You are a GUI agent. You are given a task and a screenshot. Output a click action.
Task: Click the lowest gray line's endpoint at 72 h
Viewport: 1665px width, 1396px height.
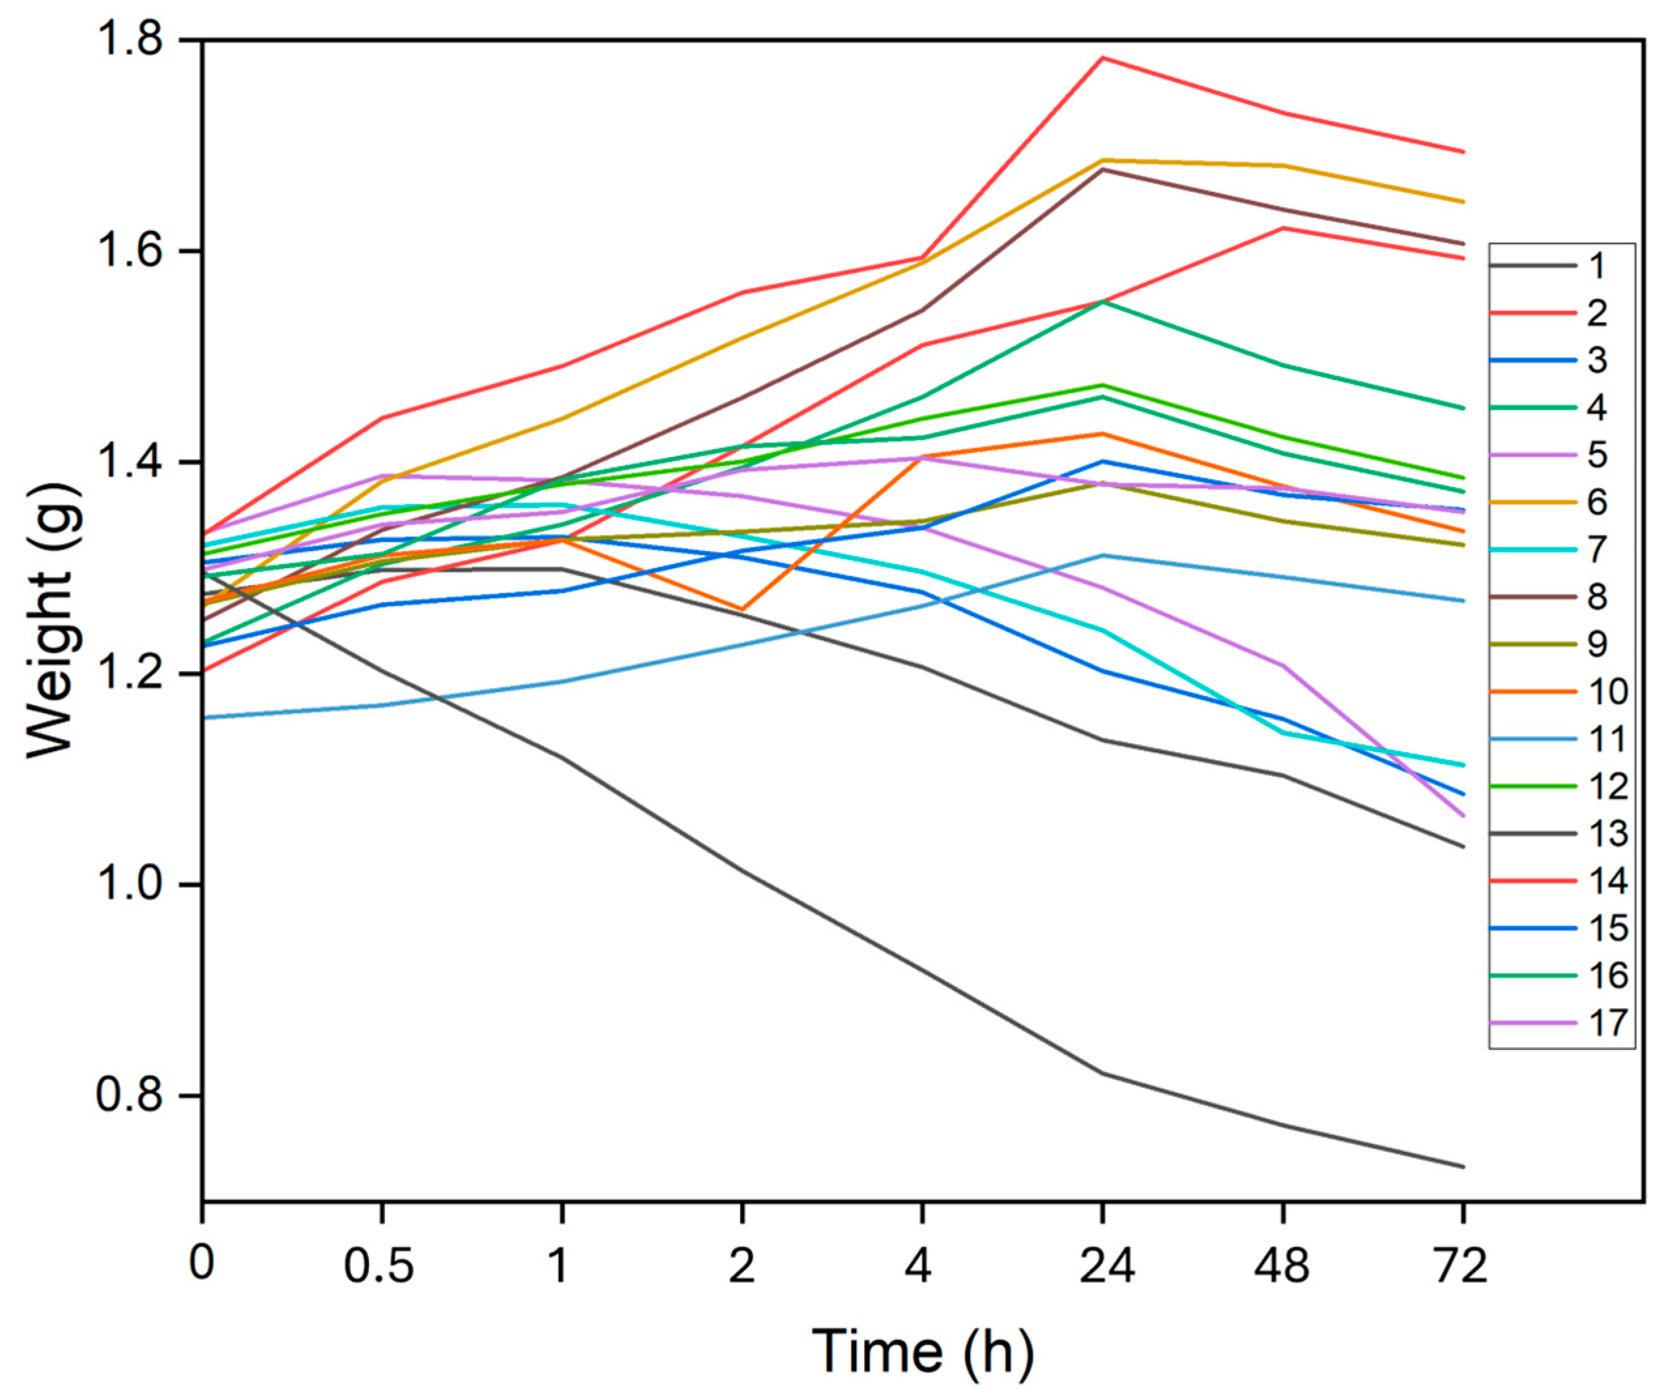1463,1166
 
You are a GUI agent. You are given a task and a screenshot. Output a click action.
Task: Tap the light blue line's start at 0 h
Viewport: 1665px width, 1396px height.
204,718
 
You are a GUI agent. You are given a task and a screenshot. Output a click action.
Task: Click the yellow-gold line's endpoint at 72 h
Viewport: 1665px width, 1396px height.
1463,201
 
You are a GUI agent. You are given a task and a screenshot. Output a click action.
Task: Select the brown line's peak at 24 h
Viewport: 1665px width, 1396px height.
1102,169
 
